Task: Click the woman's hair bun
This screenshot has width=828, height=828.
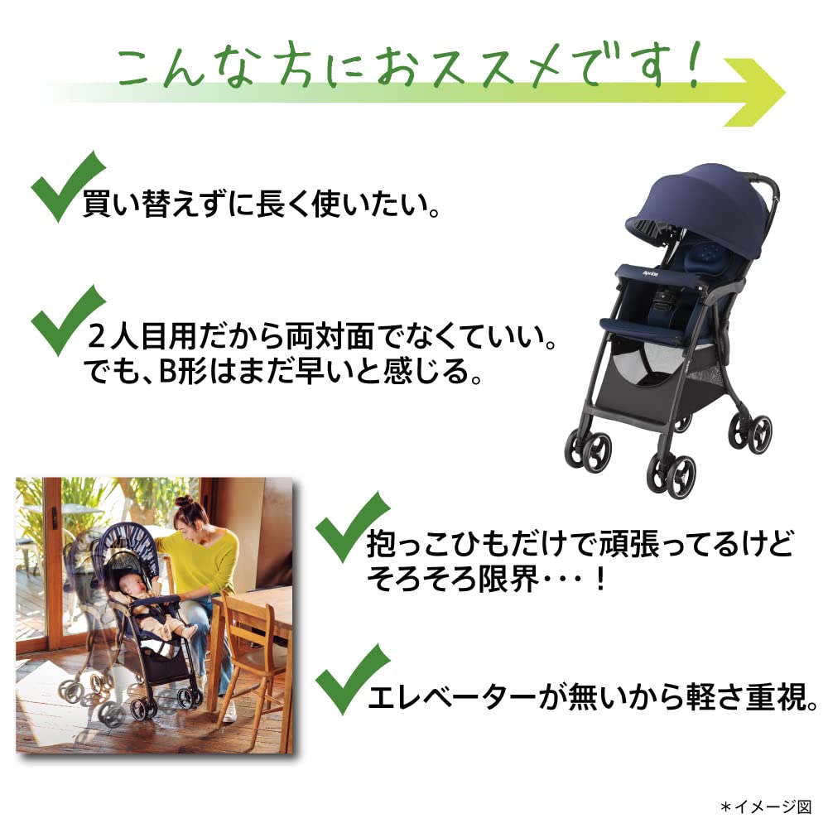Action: [185, 503]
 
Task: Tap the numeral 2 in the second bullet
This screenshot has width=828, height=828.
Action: [98, 337]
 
